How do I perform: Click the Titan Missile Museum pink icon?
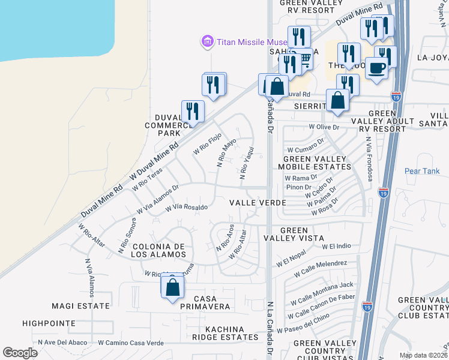[207, 41]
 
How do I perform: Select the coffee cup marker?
[376, 68]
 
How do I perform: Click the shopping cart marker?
[305, 59]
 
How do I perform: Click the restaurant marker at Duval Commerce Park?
[193, 111]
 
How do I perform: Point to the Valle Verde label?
[258, 203]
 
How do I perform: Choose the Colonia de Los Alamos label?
[159, 251]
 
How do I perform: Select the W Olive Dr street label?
[324, 127]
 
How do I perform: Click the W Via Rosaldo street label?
[186, 208]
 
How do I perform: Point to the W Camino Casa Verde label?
[131, 343]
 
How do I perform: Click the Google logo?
[20, 352]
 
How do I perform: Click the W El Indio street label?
[336, 247]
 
